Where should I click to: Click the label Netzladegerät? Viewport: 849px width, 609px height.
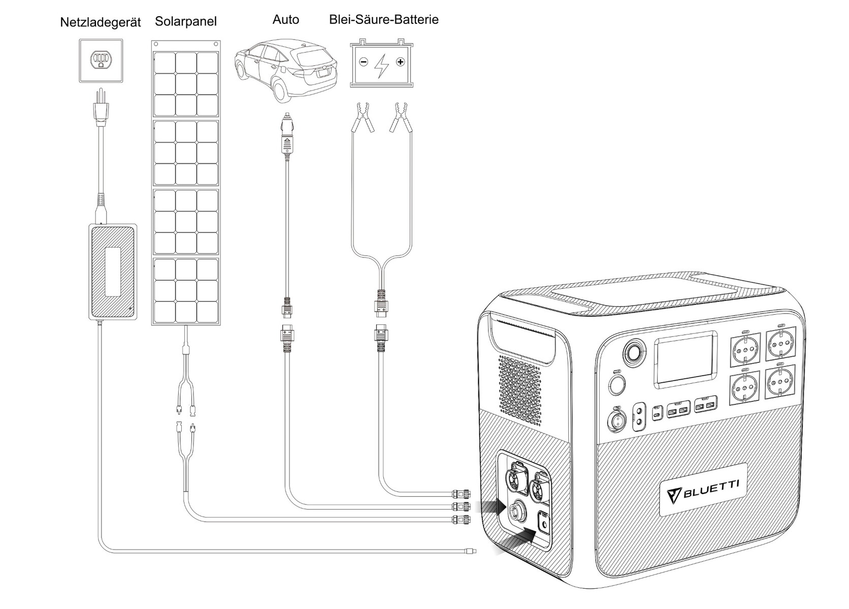pos(100,23)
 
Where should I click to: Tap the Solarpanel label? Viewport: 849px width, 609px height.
pos(186,21)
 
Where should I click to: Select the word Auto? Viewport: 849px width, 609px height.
pos(285,20)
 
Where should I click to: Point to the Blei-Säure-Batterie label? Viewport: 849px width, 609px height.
pos(383,20)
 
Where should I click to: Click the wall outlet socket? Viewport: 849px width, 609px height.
pos(101,60)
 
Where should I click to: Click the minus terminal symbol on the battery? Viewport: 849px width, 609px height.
pos(363,62)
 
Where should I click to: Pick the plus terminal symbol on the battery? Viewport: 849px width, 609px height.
pos(401,62)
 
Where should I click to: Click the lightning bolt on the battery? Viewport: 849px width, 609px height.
pos(381,65)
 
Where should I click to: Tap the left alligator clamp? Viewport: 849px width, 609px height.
pos(364,116)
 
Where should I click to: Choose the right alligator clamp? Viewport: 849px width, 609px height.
pos(398,116)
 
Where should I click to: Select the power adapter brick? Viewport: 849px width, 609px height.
pos(113,272)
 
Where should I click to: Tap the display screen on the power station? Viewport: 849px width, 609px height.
pos(685,357)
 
